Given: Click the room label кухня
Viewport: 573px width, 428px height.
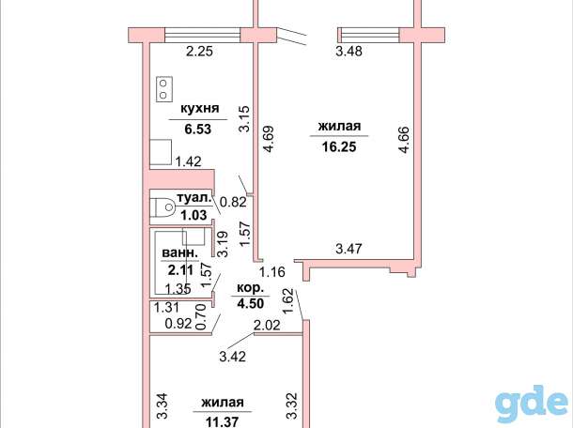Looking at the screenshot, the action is tap(200, 109).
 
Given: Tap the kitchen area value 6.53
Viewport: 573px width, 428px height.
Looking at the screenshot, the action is tap(197, 129).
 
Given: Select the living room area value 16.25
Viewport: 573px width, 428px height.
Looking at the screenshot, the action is tap(339, 146).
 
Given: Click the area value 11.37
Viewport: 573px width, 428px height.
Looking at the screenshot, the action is tap(223, 422).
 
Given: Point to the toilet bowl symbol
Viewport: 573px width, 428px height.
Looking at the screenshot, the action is tap(163, 207).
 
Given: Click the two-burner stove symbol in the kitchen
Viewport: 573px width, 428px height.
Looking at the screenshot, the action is tap(164, 89).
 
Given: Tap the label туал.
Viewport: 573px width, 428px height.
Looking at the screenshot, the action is tap(194, 198).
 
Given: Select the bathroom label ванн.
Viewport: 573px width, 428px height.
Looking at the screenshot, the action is tap(180, 252).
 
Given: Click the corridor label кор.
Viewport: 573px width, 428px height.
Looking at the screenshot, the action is tap(250, 288).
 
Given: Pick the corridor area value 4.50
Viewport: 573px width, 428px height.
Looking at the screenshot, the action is tap(250, 303).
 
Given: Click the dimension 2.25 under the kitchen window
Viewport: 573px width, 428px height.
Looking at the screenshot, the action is tap(199, 51).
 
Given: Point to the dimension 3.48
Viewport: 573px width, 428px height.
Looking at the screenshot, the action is tap(348, 51).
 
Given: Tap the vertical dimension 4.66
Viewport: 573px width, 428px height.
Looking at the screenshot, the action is tap(404, 140).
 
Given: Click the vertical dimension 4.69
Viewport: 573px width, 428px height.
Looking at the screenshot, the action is tap(269, 139).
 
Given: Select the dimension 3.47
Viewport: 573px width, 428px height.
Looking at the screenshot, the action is tap(348, 249).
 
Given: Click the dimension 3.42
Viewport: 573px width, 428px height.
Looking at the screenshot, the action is tap(232, 357).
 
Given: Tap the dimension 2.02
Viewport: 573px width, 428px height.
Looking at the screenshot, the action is tap(267, 325).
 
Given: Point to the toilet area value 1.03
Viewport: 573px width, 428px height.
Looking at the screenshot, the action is tap(194, 215).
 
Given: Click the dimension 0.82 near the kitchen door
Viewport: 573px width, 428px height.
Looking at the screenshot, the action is tap(233, 202).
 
